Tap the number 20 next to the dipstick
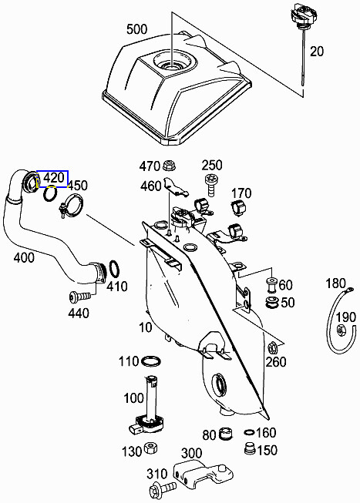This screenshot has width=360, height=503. coord(317,52)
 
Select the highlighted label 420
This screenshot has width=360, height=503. coord(53,179)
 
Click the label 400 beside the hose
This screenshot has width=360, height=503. coord(24,257)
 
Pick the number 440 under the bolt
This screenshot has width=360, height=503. coord(79,313)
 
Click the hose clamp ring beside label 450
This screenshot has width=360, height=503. coord(73,206)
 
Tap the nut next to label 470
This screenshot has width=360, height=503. coord(171,165)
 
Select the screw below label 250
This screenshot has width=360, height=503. coord(210,181)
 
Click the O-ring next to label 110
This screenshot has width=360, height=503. coord(152,361)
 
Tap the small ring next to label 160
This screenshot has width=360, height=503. coord(248,433)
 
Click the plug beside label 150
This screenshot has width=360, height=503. coord(249,448)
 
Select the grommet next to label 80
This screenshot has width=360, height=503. coord(227,435)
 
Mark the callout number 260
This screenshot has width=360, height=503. coord(276,362)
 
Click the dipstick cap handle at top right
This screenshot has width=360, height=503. coord(300,15)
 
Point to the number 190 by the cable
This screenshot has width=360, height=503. coord(346,317)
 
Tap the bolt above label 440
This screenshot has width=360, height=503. coord(79,296)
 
